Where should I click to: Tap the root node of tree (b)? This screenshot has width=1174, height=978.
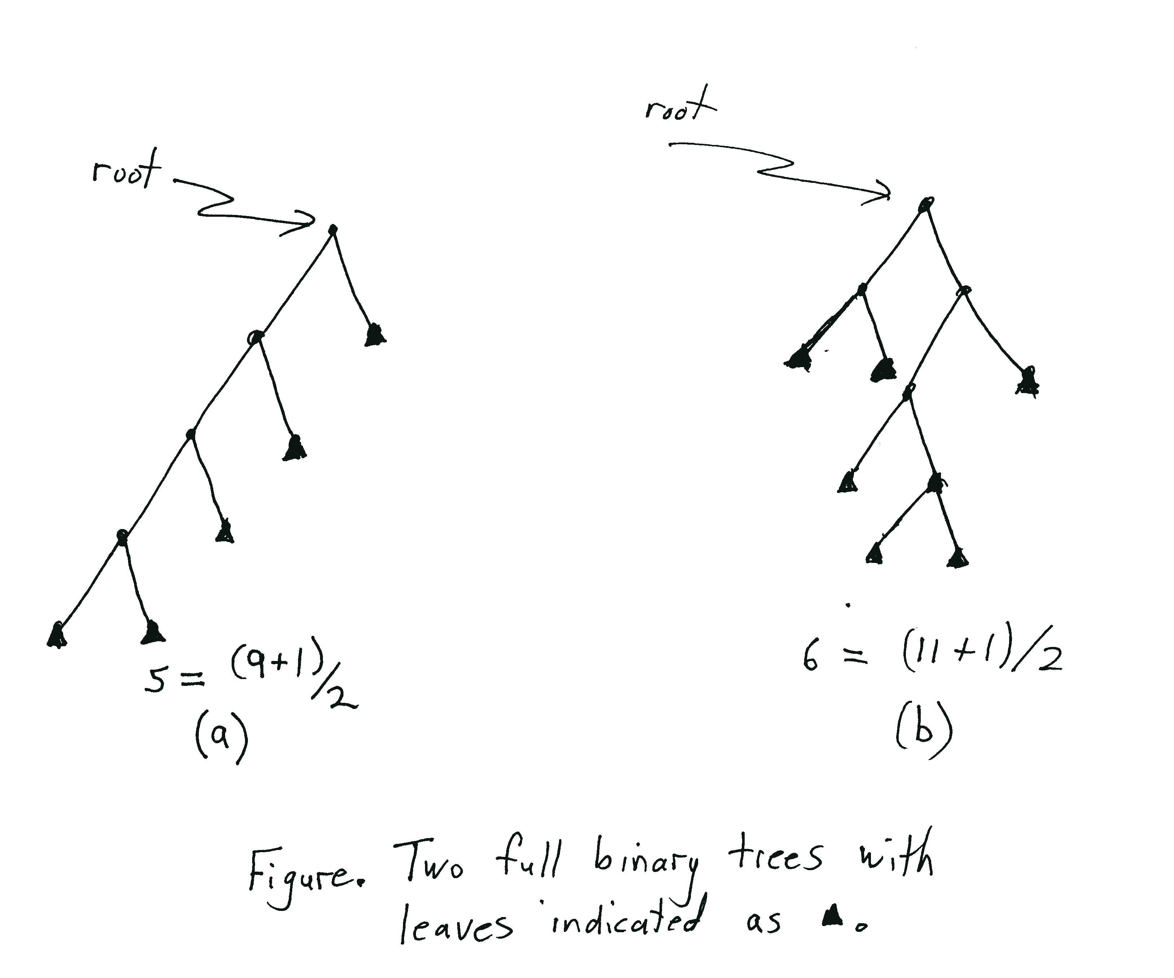coord(925,204)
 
